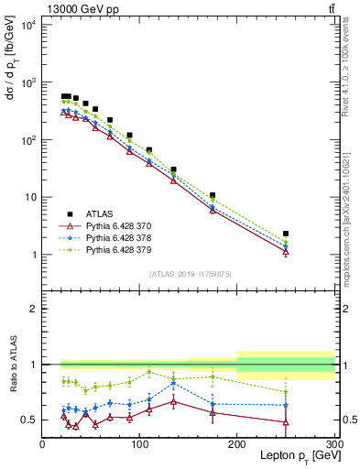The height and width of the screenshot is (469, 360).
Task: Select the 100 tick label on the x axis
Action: [139, 443]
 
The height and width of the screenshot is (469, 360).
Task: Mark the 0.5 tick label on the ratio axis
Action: [27, 420]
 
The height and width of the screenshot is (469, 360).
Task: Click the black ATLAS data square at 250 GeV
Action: [286, 234]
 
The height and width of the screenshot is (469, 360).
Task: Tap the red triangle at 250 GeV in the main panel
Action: [286, 252]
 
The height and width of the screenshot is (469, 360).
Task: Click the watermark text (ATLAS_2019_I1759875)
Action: [187, 273]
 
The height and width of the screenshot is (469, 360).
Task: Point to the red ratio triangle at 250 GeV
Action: [286, 422]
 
